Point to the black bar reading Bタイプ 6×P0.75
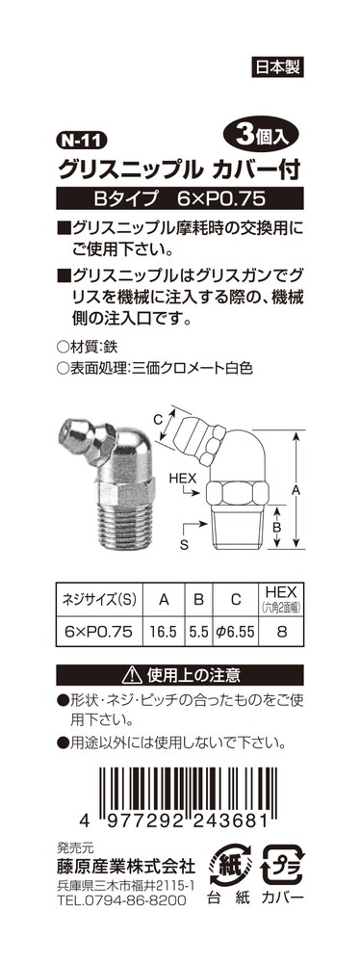(x=180, y=198)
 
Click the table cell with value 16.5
(x=164, y=630)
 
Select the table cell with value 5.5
(x=199, y=630)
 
